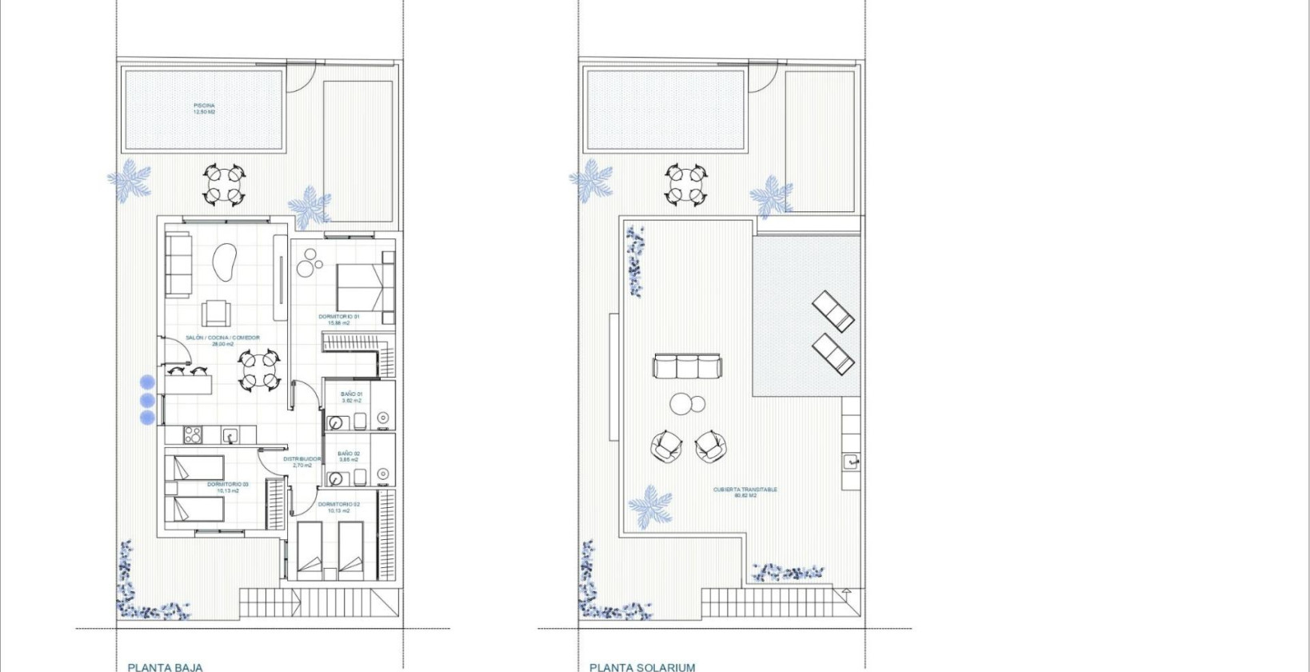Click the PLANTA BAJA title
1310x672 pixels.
pyautogui.click(x=165, y=666)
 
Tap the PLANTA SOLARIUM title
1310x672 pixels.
pyautogui.click(x=642, y=666)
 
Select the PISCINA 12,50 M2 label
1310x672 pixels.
pyautogui.click(x=204, y=109)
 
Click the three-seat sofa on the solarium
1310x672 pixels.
pyautogui.click(x=687, y=366)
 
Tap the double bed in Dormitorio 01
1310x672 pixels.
pyautogui.click(x=365, y=287)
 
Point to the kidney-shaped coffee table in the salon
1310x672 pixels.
pyautogui.click(x=224, y=262)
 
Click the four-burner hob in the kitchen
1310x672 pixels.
pyautogui.click(x=193, y=434)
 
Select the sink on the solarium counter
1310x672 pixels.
pyautogui.click(x=851, y=461)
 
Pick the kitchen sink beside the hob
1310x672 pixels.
pyautogui.click(x=230, y=436)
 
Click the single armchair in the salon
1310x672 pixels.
pyautogui.click(x=217, y=313)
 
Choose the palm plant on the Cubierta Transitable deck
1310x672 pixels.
pyautogui.click(x=651, y=507)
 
